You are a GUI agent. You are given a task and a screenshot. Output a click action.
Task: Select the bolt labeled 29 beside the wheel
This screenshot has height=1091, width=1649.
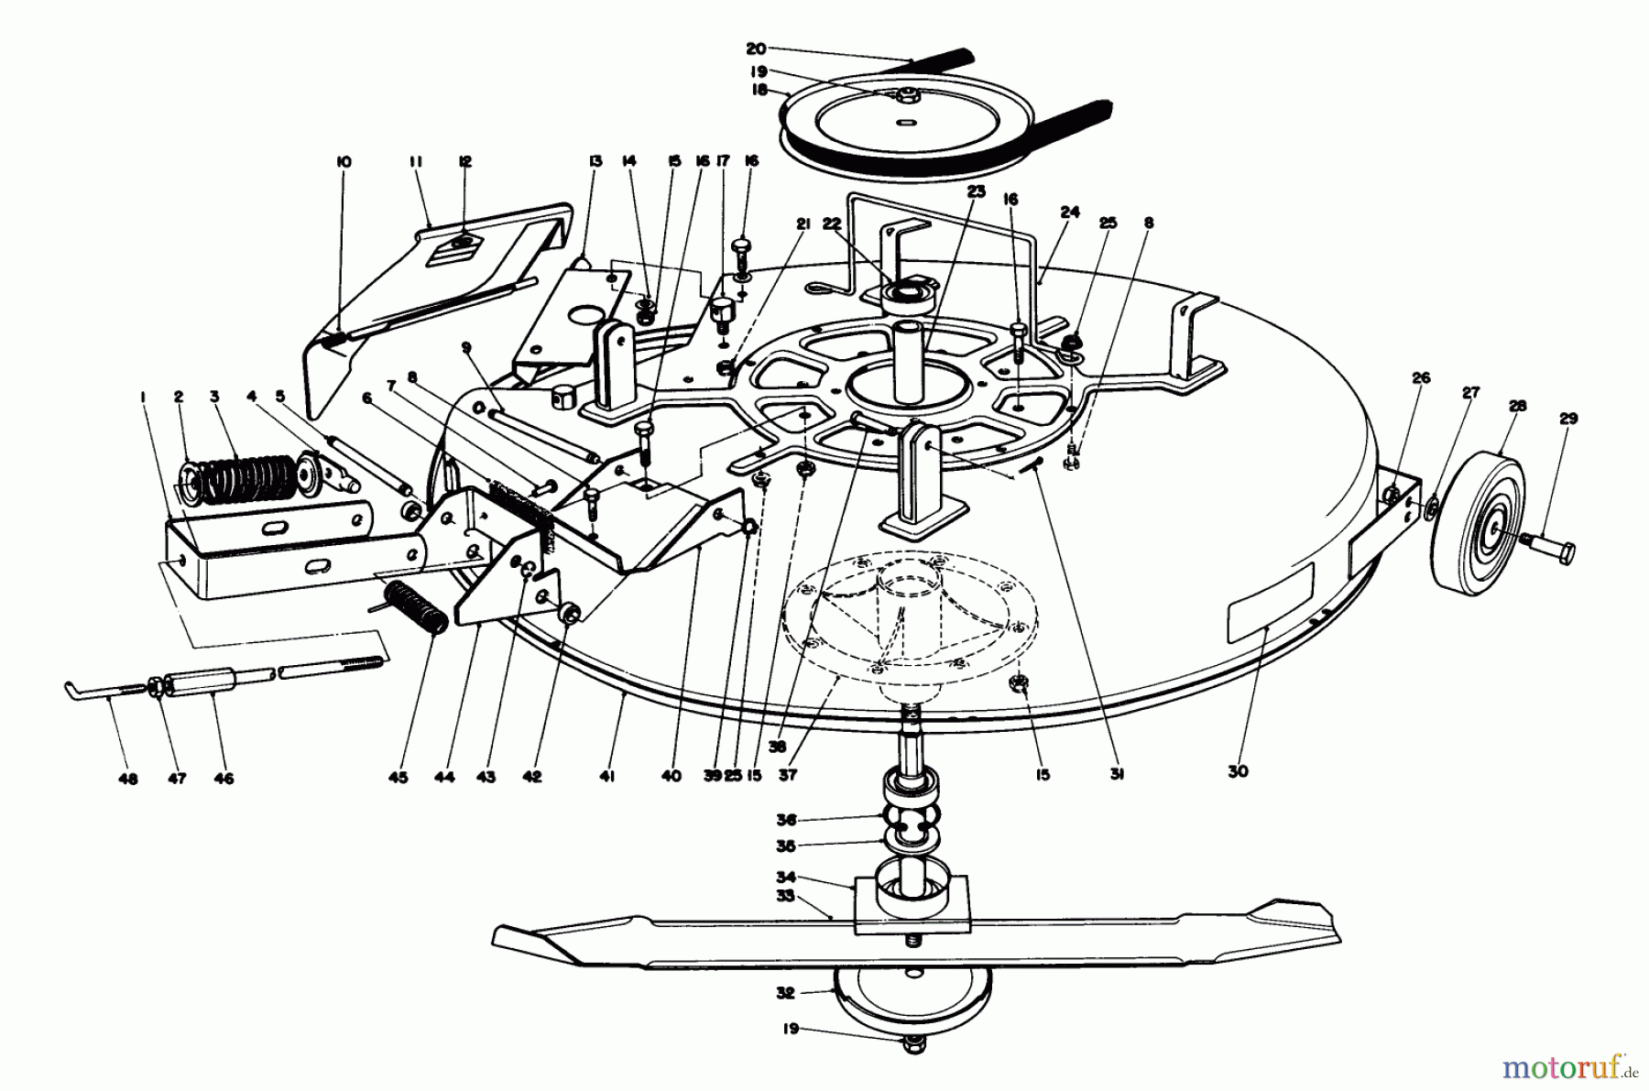pyautogui.click(x=1549, y=552)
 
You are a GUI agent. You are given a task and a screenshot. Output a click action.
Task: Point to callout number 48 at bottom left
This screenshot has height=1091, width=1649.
pyautogui.click(x=128, y=779)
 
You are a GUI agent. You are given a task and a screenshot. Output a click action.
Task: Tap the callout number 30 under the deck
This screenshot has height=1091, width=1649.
pyautogui.click(x=1237, y=771)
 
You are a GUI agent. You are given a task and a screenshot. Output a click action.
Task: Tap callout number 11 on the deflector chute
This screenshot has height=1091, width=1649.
pyautogui.click(x=415, y=162)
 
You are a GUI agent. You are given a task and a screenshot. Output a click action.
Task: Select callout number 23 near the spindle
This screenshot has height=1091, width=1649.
pyautogui.click(x=974, y=191)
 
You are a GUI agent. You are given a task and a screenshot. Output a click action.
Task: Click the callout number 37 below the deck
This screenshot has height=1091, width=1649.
pyautogui.click(x=788, y=775)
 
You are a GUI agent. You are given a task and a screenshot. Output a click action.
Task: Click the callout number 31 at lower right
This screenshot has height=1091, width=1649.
pyautogui.click(x=1117, y=774)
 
